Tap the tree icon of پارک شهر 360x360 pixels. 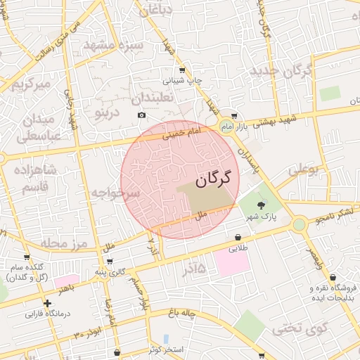pos(262,205)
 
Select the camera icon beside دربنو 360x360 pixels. pos(141,115)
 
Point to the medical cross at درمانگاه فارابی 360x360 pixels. pos(47,304)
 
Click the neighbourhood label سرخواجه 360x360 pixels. pos(116,191)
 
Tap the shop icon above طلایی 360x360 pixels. pos(238,238)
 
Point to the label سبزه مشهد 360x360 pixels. pos(113,46)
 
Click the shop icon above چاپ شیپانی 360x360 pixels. pos(182,70)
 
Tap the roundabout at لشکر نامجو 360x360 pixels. pos(300,224)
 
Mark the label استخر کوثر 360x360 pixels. pos(167,349)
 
